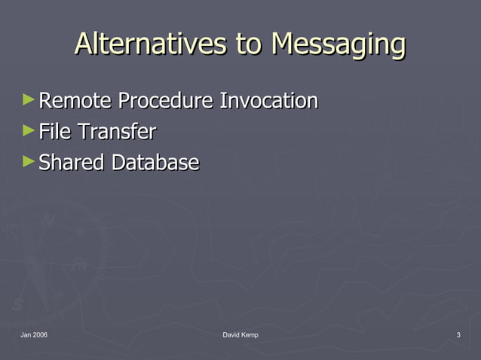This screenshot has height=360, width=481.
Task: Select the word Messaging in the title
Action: click(x=339, y=45)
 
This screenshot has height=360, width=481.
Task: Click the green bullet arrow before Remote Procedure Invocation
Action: click(x=29, y=99)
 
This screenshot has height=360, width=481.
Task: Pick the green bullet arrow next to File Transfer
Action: click(x=29, y=131)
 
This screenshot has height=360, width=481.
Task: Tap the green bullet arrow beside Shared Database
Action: click(x=29, y=161)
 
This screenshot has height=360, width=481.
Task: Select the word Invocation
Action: click(x=268, y=100)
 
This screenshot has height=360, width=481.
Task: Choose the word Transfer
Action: click(x=117, y=132)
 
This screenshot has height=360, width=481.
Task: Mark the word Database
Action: click(x=155, y=163)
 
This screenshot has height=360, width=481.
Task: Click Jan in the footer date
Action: click(x=26, y=334)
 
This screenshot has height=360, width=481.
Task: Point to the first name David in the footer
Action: click(x=232, y=334)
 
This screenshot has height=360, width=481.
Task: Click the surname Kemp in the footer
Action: click(x=250, y=334)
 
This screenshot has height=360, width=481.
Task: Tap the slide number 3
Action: click(x=458, y=334)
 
